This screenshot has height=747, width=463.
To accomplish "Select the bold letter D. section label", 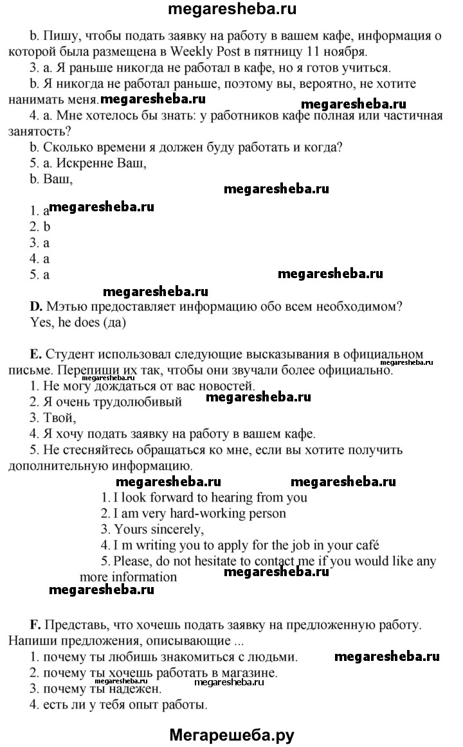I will [x=36, y=307].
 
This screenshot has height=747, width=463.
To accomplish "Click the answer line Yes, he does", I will [x=78, y=323].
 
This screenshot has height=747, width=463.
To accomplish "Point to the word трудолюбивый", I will [x=142, y=403].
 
